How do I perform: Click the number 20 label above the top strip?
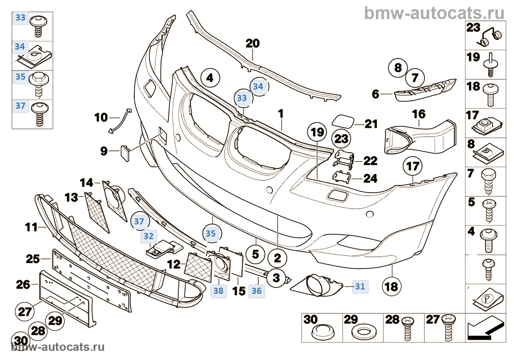(x=253, y=43)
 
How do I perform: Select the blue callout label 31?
(x=360, y=287)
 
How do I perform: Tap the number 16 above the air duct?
(x=419, y=114)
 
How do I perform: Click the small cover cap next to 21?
(x=343, y=121)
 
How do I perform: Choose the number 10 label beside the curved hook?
(x=101, y=118)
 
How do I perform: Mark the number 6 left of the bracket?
(x=375, y=94)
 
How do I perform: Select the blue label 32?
(x=148, y=236)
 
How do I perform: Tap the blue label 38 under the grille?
(x=218, y=291)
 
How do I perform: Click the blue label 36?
(x=256, y=291)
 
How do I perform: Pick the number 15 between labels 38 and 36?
(x=239, y=291)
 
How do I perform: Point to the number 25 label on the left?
(x=33, y=259)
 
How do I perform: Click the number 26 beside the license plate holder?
(x=23, y=284)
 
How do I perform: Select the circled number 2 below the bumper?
(x=278, y=258)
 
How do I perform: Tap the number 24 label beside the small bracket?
(x=370, y=179)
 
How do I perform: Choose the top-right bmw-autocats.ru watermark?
(x=434, y=13)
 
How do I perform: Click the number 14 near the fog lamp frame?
(x=87, y=183)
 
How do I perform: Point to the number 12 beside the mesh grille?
(x=174, y=264)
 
